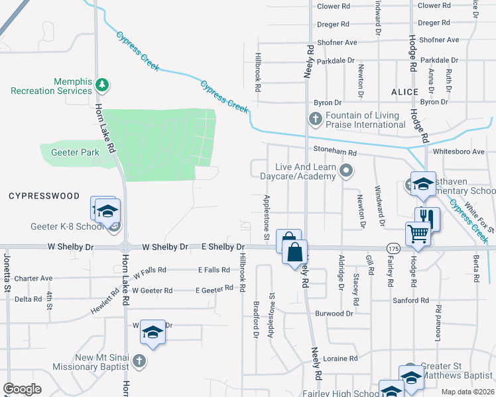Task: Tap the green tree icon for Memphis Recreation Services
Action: click(102, 85)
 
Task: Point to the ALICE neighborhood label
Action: click(404, 92)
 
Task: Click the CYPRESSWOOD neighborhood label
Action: click(44, 197)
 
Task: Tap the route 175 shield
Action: click(393, 247)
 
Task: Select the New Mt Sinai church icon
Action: click(138, 361)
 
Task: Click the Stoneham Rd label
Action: click(336, 152)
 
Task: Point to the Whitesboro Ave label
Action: click(459, 152)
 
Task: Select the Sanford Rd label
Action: click(410, 300)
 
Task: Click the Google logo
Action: click(22, 389)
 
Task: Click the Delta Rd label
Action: click(29, 299)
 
